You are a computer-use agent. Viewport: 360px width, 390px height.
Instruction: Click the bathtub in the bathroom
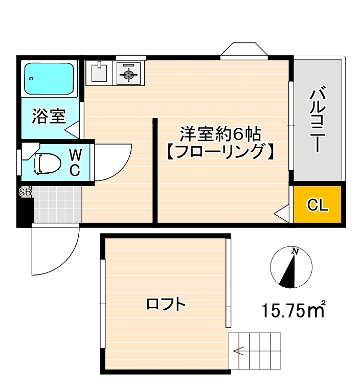pos(49,78)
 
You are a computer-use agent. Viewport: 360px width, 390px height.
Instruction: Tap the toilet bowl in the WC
pos(48,164)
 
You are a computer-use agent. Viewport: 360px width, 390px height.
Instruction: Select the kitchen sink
pos(99,73)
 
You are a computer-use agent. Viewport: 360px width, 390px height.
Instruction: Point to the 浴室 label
pos(49,117)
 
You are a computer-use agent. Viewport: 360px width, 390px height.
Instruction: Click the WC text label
pos(75,163)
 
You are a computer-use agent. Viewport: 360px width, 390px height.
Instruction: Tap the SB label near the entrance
pos(25,192)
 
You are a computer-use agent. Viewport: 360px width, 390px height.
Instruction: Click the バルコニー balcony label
pos(318,120)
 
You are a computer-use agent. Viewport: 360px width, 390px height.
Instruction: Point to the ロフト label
pos(166,304)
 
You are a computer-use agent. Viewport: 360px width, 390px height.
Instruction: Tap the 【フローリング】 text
pos(220,151)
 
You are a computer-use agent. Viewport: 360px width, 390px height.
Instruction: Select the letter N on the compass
pos(296,251)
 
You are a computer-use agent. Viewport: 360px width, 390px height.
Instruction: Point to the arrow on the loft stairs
pos(239,351)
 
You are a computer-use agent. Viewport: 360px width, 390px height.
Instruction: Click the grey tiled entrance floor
pos(57,204)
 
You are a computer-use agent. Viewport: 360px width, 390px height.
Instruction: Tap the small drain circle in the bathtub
pos(31,79)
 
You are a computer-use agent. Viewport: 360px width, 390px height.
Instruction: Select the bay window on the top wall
pos(244,51)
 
